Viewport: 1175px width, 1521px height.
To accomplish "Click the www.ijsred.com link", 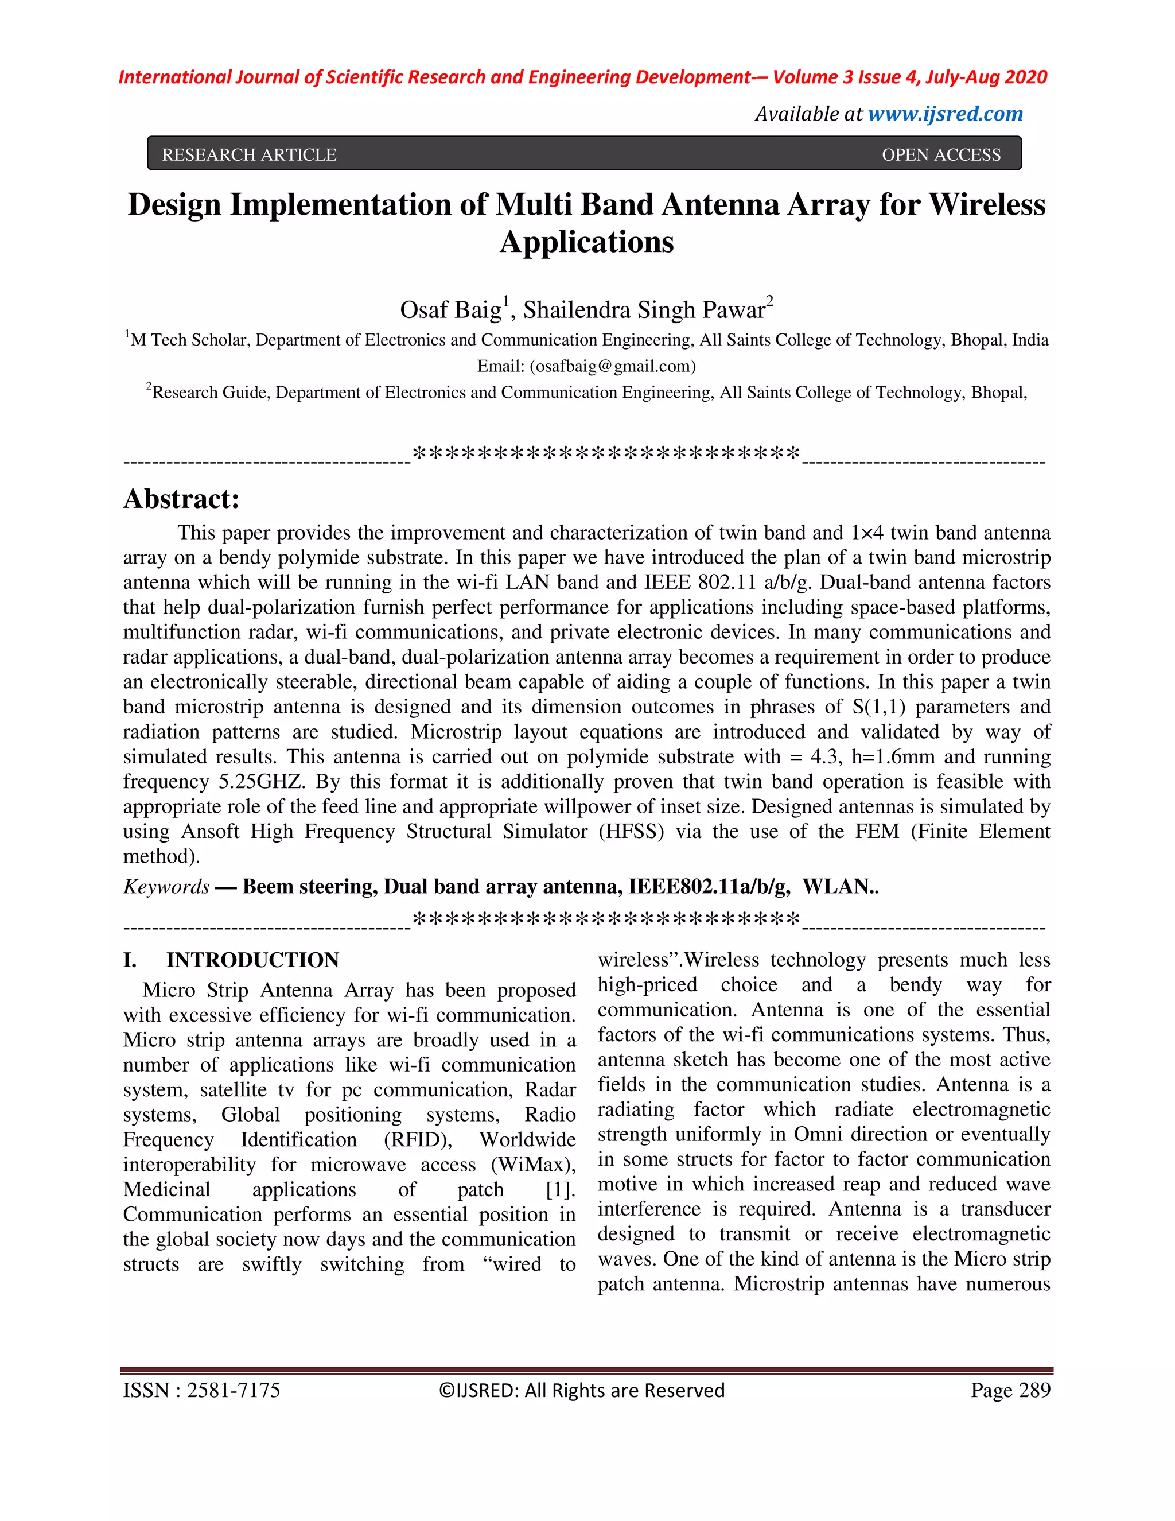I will click(x=946, y=114).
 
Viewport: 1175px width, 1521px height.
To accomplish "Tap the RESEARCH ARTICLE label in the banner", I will click(x=249, y=154).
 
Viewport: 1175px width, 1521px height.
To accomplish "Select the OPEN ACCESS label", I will click(x=941, y=154).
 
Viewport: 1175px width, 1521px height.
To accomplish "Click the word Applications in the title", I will click(x=587, y=242).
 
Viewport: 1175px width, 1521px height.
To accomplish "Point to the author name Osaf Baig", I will click(x=450, y=310).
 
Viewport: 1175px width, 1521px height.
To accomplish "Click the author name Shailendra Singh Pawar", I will click(x=644, y=310).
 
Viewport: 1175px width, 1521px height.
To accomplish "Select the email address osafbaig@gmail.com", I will click(x=613, y=366).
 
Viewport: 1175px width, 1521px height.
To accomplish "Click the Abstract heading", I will click(x=182, y=499).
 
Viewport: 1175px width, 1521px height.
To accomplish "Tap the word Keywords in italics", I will click(x=166, y=887).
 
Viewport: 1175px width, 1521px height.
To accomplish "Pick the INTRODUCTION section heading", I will click(x=252, y=960).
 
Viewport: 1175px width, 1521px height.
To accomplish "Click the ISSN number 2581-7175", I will click(x=233, y=1390).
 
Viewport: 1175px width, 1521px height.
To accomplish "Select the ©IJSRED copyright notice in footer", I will click(x=582, y=1390).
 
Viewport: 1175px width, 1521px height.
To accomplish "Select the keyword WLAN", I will click(x=839, y=887).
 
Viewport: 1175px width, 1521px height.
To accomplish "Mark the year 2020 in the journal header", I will click(x=1025, y=77).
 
